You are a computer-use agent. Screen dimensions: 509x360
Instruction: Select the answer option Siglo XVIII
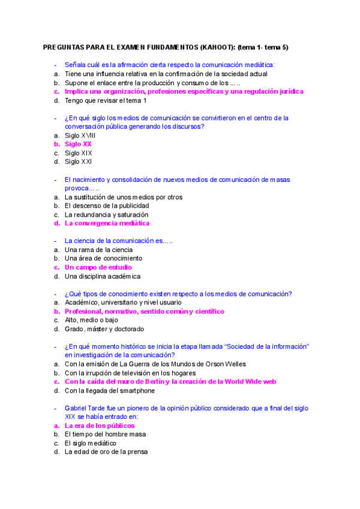pos(80,136)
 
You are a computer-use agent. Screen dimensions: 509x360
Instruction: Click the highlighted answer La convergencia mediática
pos(107,223)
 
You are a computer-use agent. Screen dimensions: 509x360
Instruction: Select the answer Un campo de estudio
pos(98,267)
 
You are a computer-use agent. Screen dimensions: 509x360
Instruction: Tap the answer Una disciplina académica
pos(102,276)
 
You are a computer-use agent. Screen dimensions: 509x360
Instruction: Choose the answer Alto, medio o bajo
pos(91,320)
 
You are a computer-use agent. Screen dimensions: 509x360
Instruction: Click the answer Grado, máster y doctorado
pos(104,329)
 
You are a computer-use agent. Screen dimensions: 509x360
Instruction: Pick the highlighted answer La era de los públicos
pos(100,426)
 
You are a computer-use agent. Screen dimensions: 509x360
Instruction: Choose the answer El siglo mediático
pos(90,443)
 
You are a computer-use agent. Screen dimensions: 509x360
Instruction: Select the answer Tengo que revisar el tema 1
pos(106,100)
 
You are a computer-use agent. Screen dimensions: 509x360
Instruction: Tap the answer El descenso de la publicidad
pos(107,206)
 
